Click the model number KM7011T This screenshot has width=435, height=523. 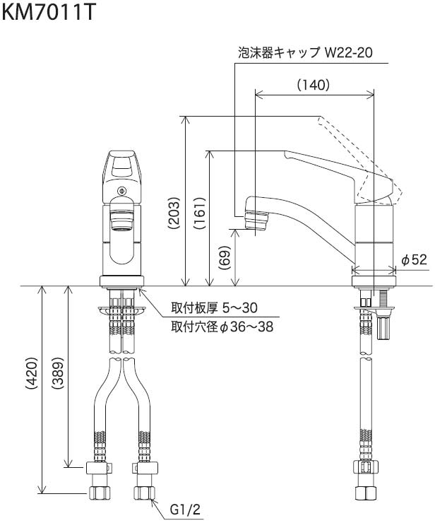[x=47, y=13]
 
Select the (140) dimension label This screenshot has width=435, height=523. [x=313, y=85]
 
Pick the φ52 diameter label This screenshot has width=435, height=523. [x=414, y=260]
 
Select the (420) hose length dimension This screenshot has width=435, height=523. [x=32, y=390]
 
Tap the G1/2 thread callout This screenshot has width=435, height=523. [x=185, y=508]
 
